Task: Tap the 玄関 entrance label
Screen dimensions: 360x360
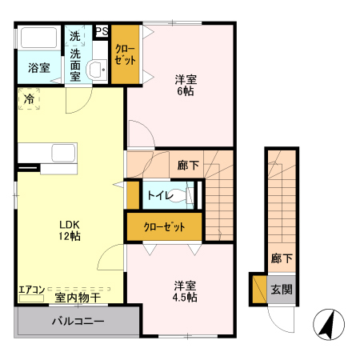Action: tap(282, 290)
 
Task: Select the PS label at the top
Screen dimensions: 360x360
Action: tap(102, 32)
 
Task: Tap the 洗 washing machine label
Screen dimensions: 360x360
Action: tap(74, 36)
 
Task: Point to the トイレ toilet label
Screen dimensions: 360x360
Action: tap(157, 194)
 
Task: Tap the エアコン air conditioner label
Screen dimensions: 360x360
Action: tap(31, 290)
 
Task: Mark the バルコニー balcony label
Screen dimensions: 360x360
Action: tap(78, 322)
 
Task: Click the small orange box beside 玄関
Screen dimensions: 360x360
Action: tap(258, 290)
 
